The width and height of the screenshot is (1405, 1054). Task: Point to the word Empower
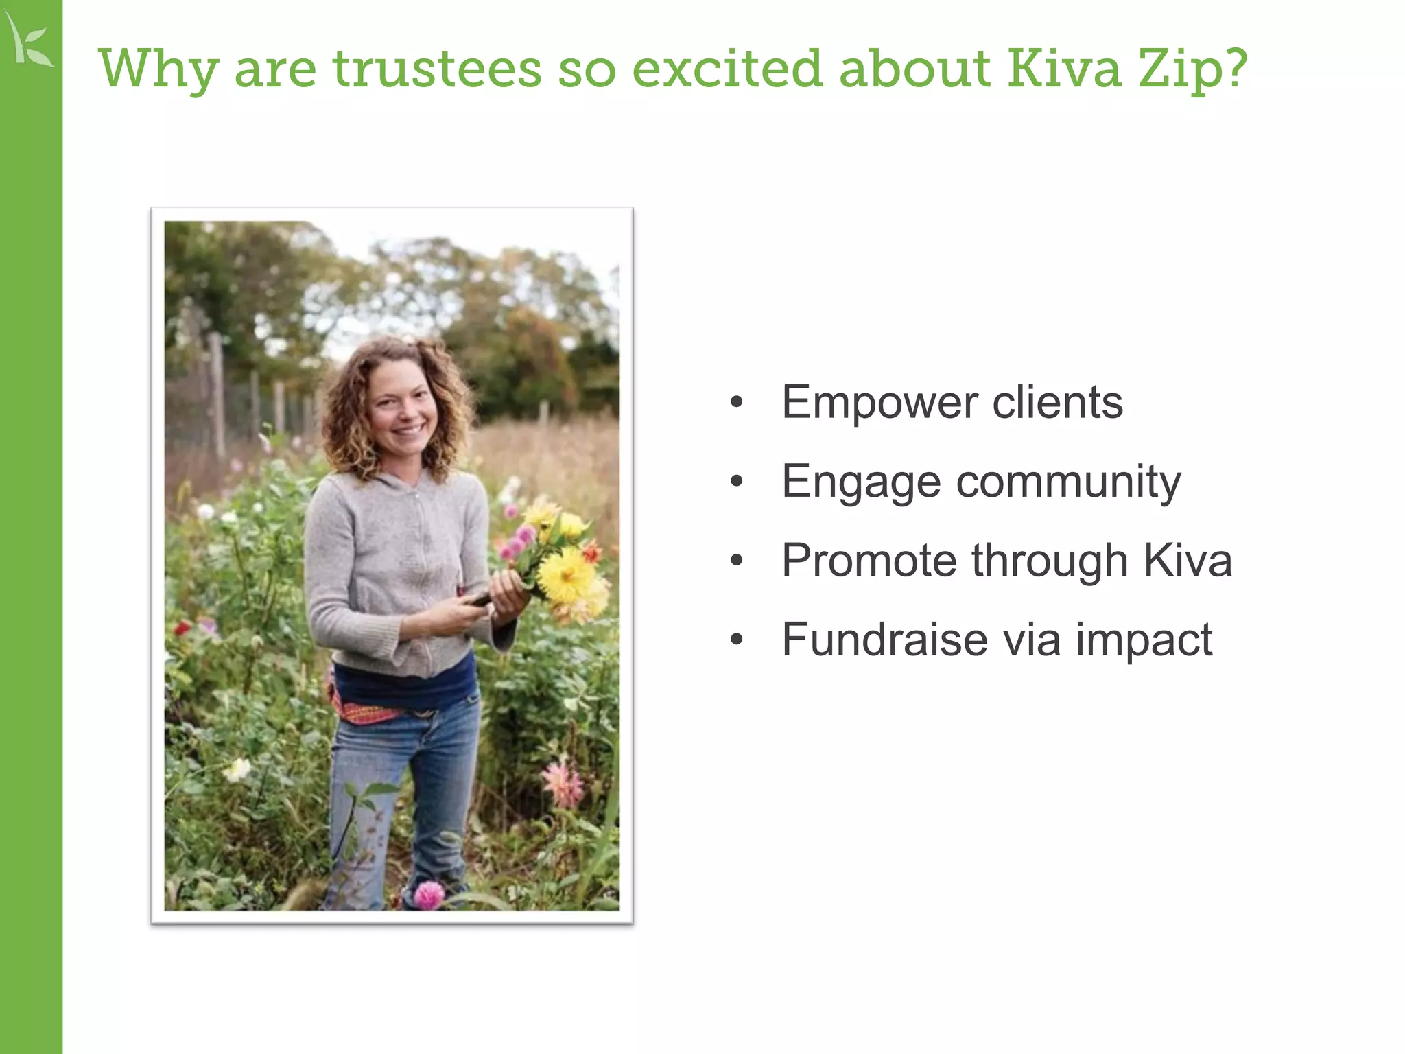pyautogui.click(x=879, y=403)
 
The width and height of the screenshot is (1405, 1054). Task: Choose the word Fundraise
pyautogui.click(x=884, y=640)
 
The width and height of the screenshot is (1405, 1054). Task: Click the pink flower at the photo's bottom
pyautogui.click(x=429, y=895)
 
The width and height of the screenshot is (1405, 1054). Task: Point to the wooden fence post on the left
pyautogui.click(x=217, y=395)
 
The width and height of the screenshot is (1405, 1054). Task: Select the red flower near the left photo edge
pyautogui.click(x=182, y=628)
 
